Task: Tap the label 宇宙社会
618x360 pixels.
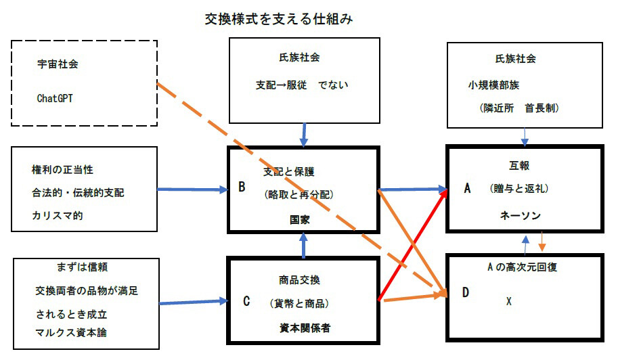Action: pos(58,65)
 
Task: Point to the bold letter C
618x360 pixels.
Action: pos(247,302)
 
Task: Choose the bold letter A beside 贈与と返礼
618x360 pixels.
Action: pos(467,189)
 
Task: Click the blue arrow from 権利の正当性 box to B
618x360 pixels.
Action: pos(193,190)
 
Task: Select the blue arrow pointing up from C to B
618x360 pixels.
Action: pos(303,246)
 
